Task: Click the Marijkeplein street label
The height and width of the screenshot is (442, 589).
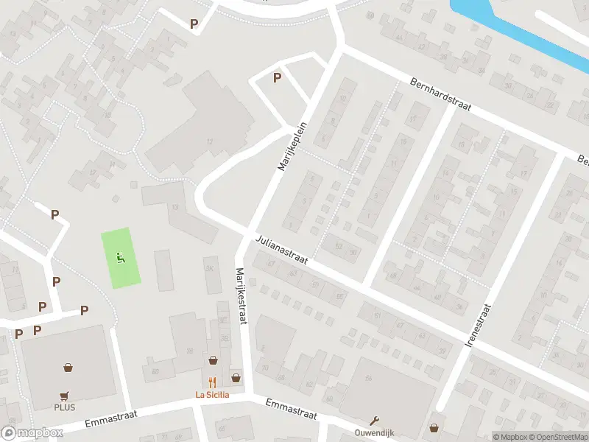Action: tap(292, 147)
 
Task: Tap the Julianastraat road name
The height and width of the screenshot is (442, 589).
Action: tap(282, 250)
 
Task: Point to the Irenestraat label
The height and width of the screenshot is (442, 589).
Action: tap(479, 325)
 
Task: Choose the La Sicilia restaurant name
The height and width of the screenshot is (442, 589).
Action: tap(212, 395)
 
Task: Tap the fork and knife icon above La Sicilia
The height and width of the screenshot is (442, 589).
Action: tap(212, 382)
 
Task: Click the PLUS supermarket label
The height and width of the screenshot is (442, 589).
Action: tap(64, 407)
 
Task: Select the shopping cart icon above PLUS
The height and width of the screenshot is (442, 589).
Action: tap(64, 395)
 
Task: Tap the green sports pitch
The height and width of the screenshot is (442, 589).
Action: tap(121, 258)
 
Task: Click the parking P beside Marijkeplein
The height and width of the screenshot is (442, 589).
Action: tap(277, 77)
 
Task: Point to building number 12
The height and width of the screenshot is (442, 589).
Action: tap(210, 141)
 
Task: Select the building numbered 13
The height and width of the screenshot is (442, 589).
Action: tap(174, 207)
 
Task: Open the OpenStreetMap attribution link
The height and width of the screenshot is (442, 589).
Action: tap(558, 437)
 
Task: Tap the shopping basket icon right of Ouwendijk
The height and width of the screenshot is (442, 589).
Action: tap(434, 427)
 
